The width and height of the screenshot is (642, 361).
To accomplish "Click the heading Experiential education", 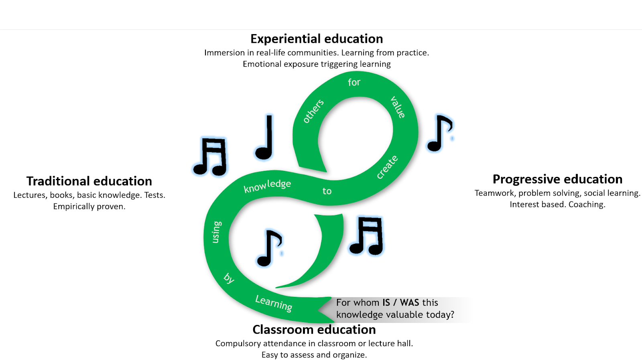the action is point(317,39).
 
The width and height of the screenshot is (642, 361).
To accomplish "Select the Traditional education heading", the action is point(89,181).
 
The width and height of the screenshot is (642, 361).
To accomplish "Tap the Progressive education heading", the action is point(557,179).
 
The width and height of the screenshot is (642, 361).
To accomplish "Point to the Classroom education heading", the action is point(314,330).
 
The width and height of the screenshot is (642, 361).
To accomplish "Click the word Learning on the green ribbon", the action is point(274,303).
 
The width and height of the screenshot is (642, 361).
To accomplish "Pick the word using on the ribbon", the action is point(216,232).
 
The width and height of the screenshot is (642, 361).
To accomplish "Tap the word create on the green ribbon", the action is point(387,167).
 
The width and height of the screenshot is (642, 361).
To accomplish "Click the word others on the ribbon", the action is point(313,111).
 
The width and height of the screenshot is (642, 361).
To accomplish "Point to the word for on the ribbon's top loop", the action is point(354,82).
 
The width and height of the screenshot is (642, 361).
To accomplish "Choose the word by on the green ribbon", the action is point(229,278).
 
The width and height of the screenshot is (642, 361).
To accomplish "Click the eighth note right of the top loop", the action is point(440,134).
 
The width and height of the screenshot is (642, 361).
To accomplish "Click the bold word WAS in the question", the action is point(409,302).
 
